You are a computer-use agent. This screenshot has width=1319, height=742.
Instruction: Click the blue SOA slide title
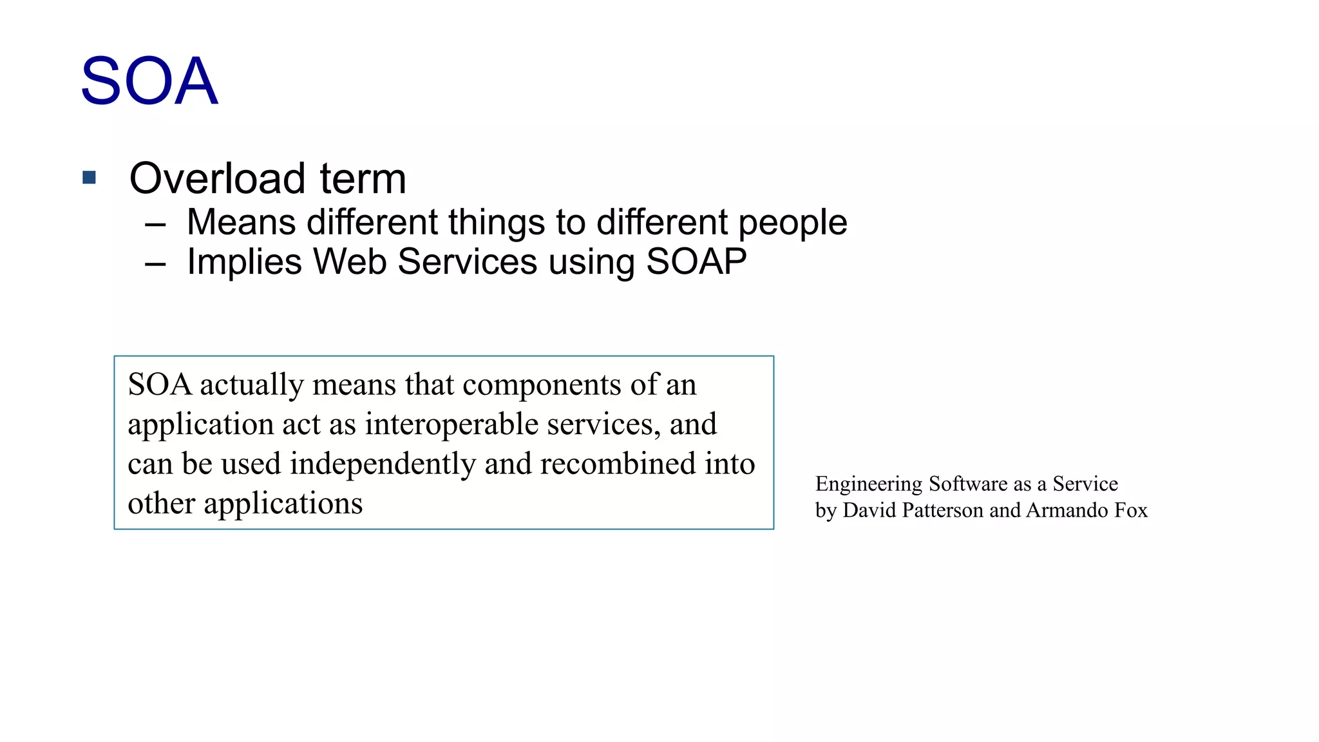(x=149, y=81)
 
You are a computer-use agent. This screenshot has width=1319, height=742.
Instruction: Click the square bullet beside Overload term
(x=90, y=177)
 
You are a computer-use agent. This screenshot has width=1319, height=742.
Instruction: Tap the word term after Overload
(x=363, y=178)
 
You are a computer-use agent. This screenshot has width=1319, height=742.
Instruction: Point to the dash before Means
(x=155, y=224)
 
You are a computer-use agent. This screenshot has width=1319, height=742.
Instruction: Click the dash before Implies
(x=155, y=263)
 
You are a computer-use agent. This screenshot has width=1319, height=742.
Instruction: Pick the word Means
(x=241, y=222)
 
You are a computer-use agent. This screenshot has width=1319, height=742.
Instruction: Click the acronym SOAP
(x=696, y=262)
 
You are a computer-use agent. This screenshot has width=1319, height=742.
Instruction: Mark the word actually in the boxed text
(x=251, y=385)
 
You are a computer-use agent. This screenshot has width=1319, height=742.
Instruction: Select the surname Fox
(x=1131, y=510)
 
